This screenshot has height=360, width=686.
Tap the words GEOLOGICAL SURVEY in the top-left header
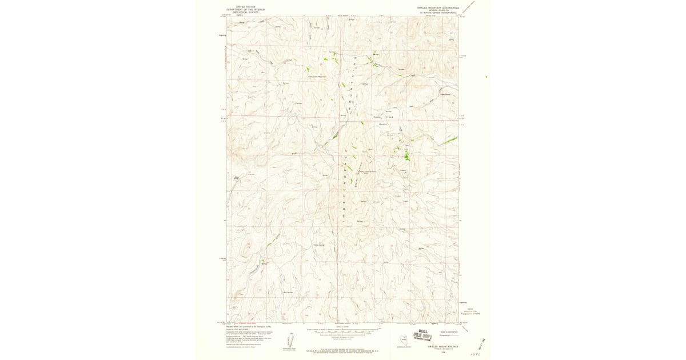(x=242, y=12)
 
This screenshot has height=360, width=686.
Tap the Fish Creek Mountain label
(x=317, y=77)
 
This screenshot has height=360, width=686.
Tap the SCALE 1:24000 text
(x=343, y=327)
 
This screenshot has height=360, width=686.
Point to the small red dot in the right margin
(x=487, y=77)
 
